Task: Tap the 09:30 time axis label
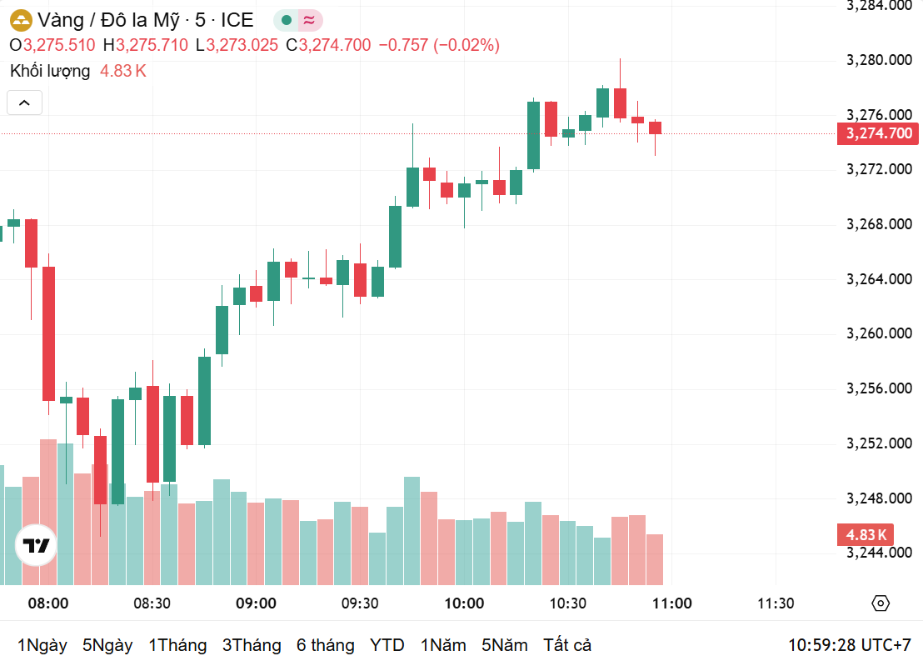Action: [360, 603]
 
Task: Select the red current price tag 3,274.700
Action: [879, 133]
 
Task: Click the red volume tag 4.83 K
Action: [866, 534]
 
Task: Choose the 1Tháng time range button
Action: [177, 645]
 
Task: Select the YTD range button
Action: [387, 645]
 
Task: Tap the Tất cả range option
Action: [567, 645]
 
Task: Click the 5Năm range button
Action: [504, 645]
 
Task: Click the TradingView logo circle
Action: [36, 546]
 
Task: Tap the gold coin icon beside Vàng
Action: [20, 20]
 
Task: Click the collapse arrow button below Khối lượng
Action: [24, 103]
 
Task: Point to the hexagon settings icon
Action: [881, 603]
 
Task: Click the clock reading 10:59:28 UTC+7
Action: [850, 645]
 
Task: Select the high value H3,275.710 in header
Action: [146, 45]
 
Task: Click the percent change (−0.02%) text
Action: [466, 45]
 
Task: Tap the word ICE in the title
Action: [237, 20]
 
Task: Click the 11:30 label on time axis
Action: [776, 603]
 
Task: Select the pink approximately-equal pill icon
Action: [309, 20]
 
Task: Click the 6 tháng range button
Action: [325, 645]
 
